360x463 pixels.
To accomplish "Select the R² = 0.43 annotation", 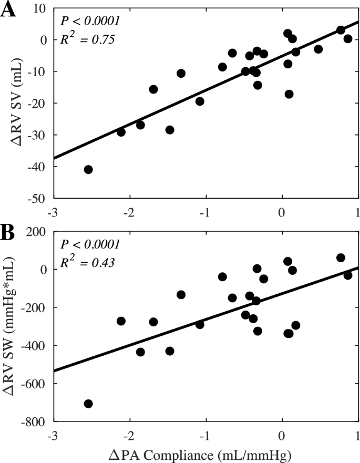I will click(x=86, y=261).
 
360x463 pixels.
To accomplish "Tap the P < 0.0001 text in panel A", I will click(x=90, y=22).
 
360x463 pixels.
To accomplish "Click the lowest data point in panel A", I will click(x=88, y=169).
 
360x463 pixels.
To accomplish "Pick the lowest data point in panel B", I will click(x=88, y=404).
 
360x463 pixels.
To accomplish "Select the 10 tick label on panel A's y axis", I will click(x=42, y=8).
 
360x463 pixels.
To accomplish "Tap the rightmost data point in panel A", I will click(x=347, y=39).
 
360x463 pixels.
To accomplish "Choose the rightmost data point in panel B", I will click(x=347, y=275).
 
